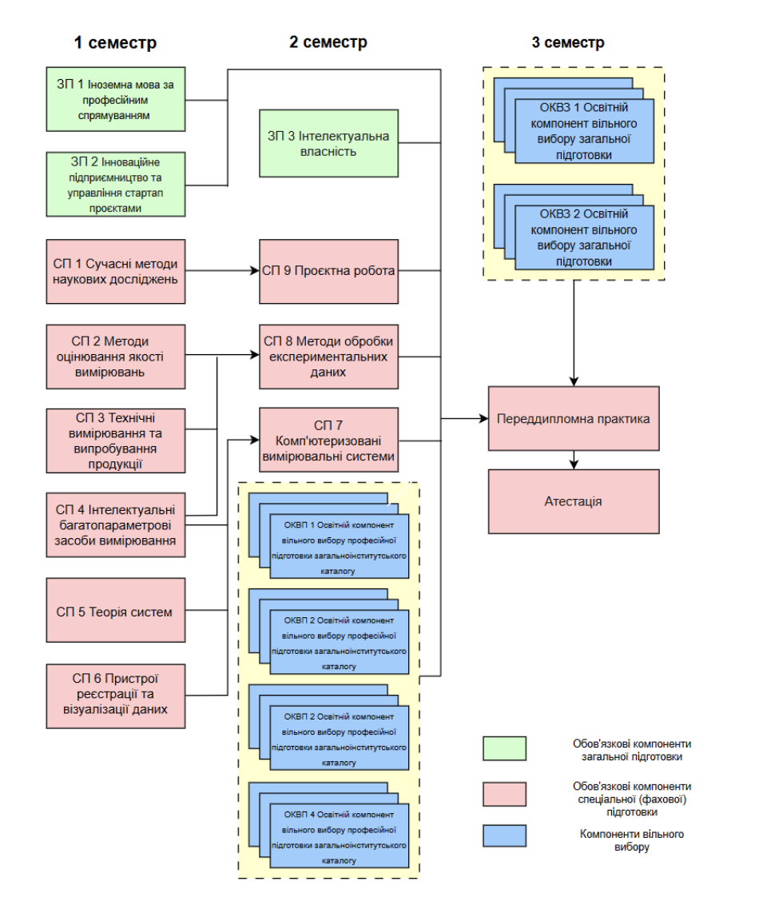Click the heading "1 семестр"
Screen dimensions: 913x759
(x=115, y=43)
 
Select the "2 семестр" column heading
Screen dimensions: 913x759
(x=328, y=43)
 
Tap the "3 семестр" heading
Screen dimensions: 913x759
(x=568, y=43)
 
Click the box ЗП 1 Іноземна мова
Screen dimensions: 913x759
(x=116, y=99)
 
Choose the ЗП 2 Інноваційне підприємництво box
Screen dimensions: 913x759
(x=116, y=185)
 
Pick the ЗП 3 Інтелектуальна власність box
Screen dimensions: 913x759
(x=328, y=143)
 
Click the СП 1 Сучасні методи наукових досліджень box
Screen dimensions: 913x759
(x=116, y=271)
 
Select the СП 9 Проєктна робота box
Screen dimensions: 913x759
(x=328, y=271)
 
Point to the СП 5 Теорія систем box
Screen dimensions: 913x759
(x=116, y=612)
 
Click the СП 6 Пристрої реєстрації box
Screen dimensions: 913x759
(x=116, y=694)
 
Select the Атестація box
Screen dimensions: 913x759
(x=574, y=501)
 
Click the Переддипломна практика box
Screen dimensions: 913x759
(x=574, y=418)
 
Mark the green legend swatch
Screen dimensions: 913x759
(x=504, y=748)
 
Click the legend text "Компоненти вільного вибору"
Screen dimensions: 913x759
(x=632, y=840)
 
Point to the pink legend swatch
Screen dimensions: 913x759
(x=504, y=794)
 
